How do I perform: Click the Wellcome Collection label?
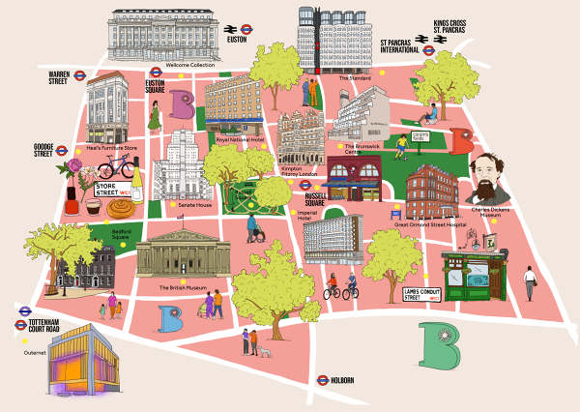coord(189,65)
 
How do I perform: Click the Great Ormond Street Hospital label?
coord(430,223)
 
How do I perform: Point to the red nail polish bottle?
coord(72,202)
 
